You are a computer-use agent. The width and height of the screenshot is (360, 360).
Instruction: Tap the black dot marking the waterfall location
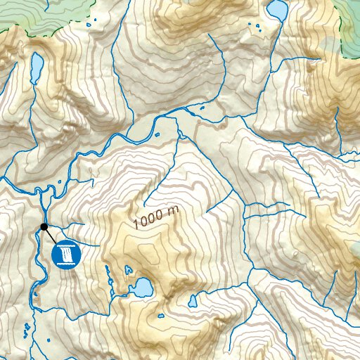click(x=44, y=226)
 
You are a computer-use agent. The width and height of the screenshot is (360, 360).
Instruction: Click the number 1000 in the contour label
click(x=147, y=220)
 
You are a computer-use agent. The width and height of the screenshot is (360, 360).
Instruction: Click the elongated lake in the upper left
click(x=37, y=67)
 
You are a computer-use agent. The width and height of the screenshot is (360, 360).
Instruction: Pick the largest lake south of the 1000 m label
click(x=143, y=287)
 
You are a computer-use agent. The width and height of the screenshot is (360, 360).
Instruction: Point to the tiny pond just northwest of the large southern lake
click(x=127, y=269)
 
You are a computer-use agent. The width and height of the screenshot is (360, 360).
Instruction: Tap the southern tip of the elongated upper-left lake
click(x=34, y=82)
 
